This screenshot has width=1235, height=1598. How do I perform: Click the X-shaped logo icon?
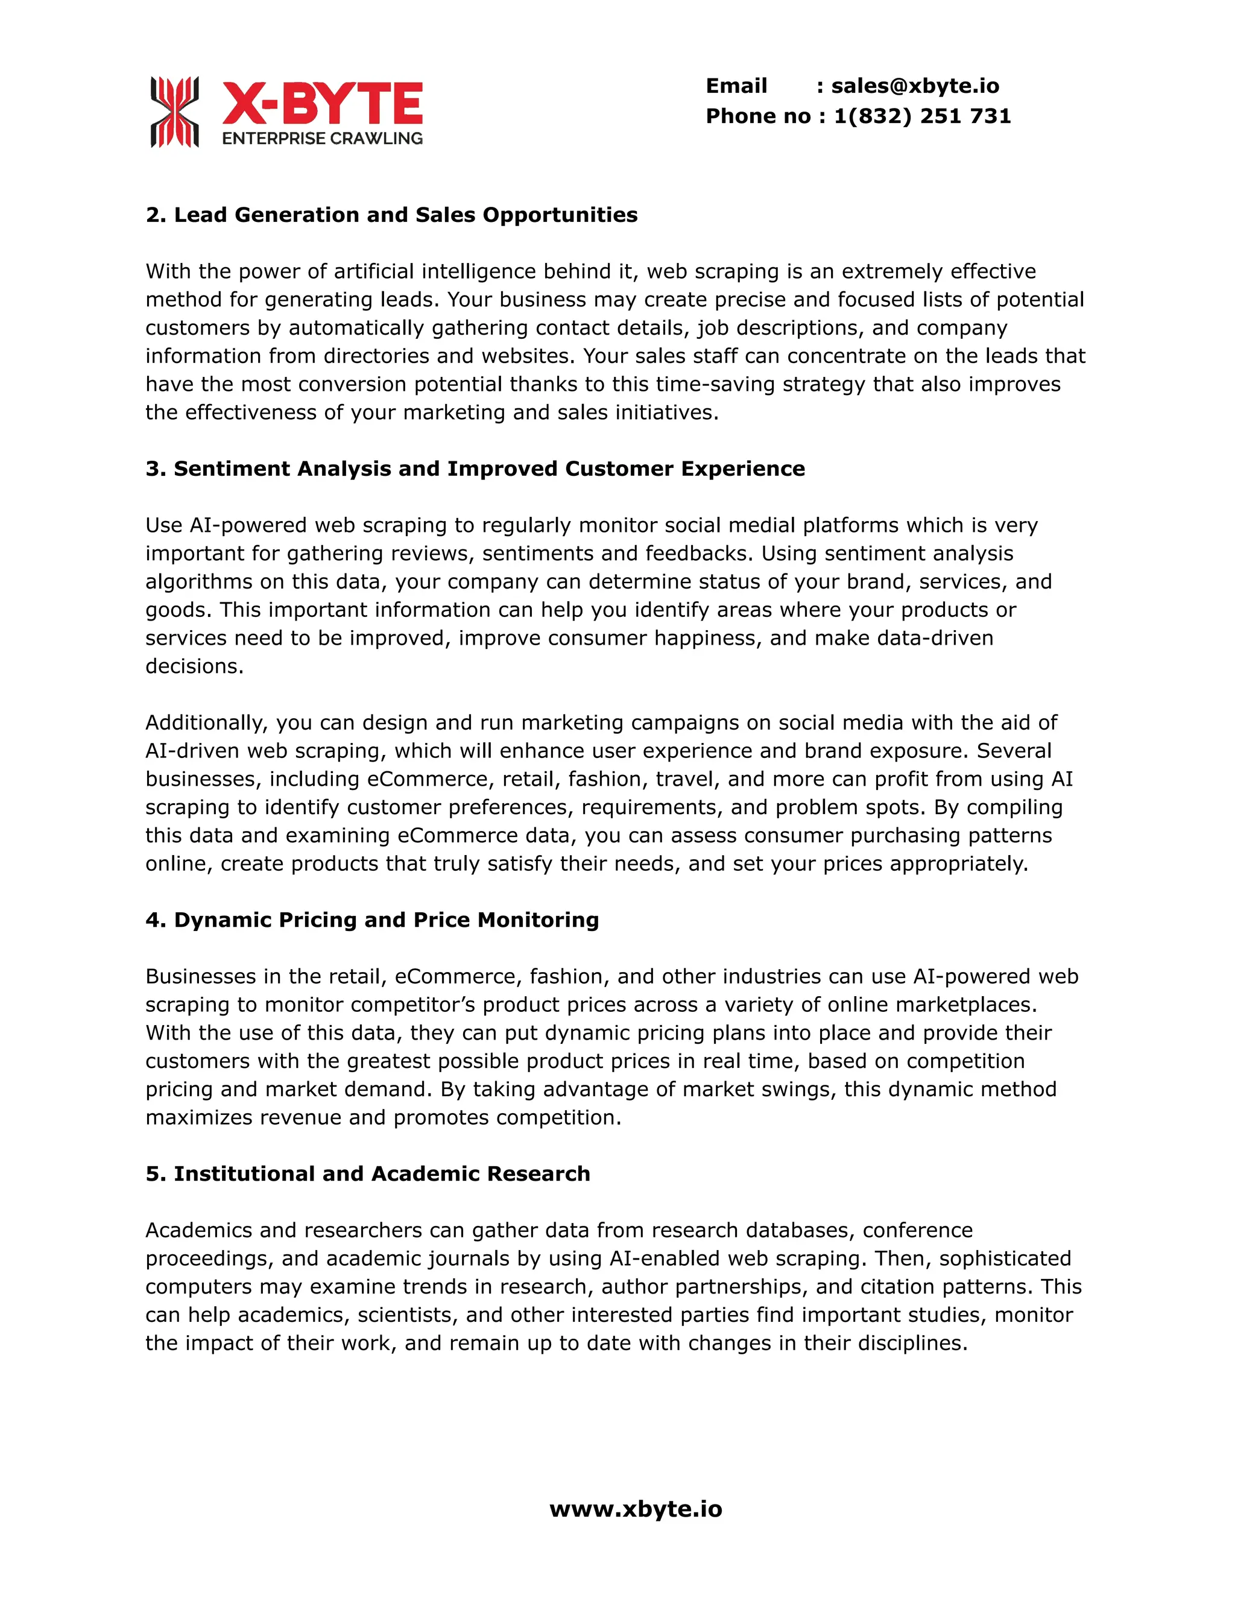pyautogui.click(x=174, y=112)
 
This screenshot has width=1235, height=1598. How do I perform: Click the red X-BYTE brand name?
pyautogui.click(x=322, y=104)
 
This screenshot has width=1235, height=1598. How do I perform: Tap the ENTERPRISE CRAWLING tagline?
pyautogui.click(x=322, y=138)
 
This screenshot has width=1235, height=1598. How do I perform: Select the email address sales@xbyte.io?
pyautogui.click(x=915, y=86)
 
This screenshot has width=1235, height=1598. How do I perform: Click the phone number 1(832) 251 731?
pyautogui.click(x=922, y=116)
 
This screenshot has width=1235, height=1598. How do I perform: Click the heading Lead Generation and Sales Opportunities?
pyautogui.click(x=391, y=215)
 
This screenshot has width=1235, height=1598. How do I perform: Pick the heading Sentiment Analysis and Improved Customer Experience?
pyautogui.click(x=475, y=469)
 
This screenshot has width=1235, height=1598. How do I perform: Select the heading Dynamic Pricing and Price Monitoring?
pyautogui.click(x=371, y=920)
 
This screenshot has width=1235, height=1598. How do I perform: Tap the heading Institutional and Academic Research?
pyautogui.click(x=367, y=1173)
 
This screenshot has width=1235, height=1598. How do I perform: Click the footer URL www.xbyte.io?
pyautogui.click(x=635, y=1509)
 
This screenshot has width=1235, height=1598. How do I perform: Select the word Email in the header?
pyautogui.click(x=736, y=86)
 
